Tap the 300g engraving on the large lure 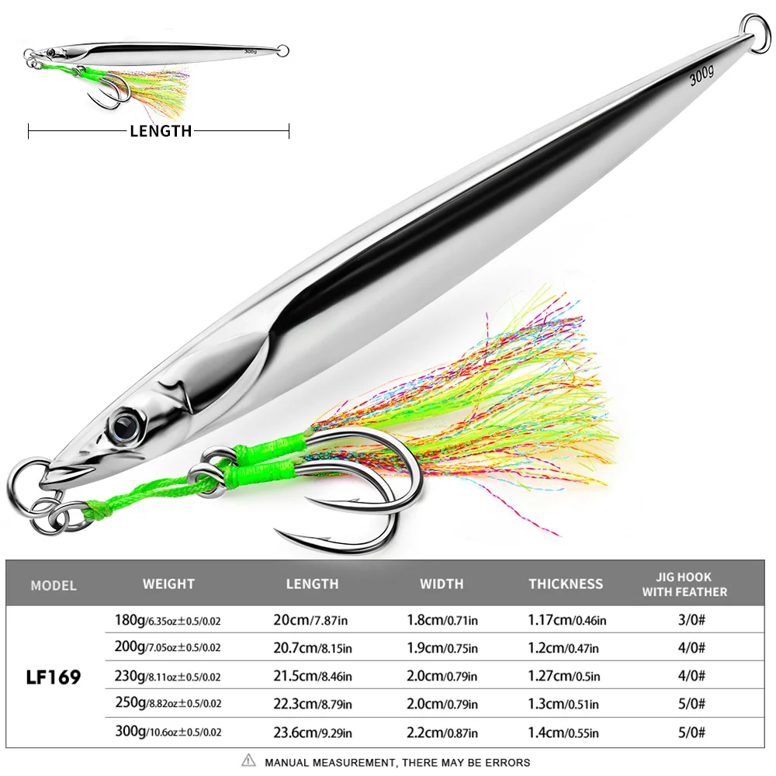click(x=702, y=76)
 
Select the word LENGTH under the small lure click(x=161, y=131)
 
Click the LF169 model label click(x=54, y=677)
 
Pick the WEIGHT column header click(x=168, y=584)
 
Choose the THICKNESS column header click(x=566, y=584)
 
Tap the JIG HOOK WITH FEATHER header click(x=684, y=584)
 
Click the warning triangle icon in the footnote click(x=248, y=761)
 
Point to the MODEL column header click(x=54, y=585)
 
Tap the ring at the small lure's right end click(x=282, y=51)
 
